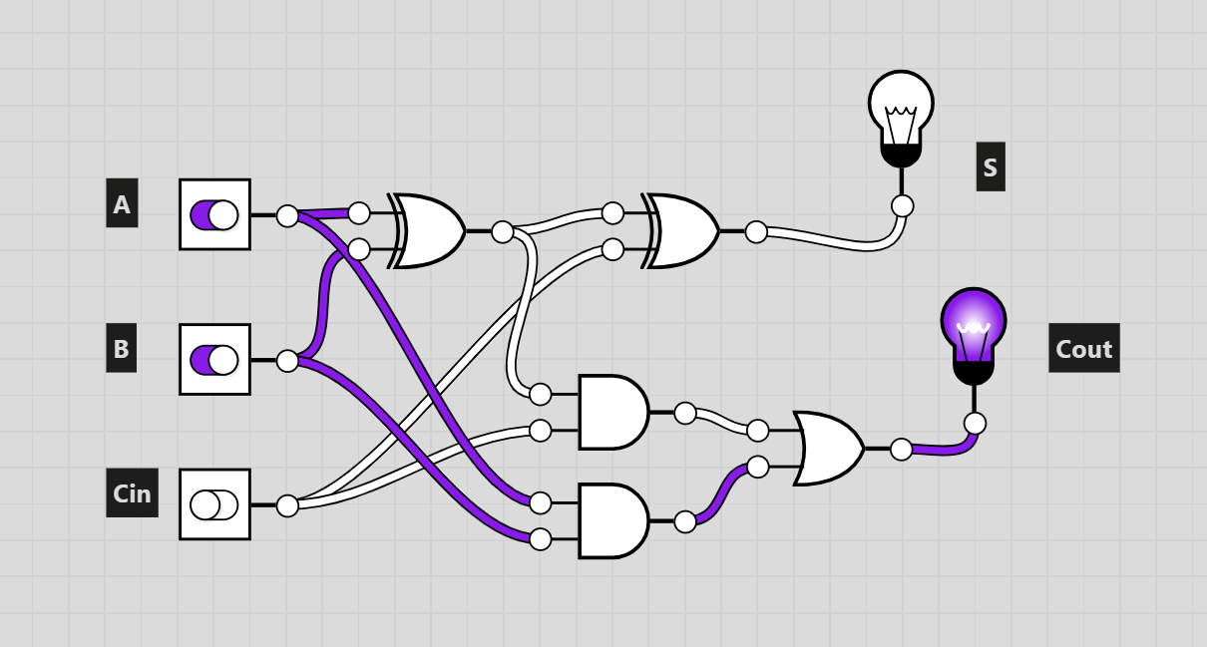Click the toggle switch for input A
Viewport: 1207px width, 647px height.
(x=215, y=214)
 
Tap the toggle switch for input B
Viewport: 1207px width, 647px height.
(x=215, y=359)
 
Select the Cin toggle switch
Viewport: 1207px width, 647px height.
(x=215, y=504)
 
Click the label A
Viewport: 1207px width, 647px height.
(x=122, y=203)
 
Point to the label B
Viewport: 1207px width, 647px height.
(x=122, y=348)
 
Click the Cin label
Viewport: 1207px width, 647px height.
(x=132, y=492)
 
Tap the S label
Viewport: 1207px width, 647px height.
(x=991, y=166)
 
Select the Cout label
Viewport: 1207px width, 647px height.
(x=1084, y=348)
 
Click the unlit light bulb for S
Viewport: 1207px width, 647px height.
(x=901, y=120)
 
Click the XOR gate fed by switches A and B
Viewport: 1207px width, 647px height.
(x=427, y=231)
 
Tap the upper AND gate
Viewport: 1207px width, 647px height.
(x=613, y=412)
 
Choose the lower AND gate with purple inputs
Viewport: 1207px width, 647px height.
(x=613, y=521)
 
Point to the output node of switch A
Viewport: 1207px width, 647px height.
(x=287, y=215)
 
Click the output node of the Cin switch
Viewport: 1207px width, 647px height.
(x=287, y=505)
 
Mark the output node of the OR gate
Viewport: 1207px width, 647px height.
(x=902, y=450)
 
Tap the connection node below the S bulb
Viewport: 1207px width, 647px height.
(x=902, y=206)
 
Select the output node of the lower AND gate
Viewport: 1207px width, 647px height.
(x=685, y=522)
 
